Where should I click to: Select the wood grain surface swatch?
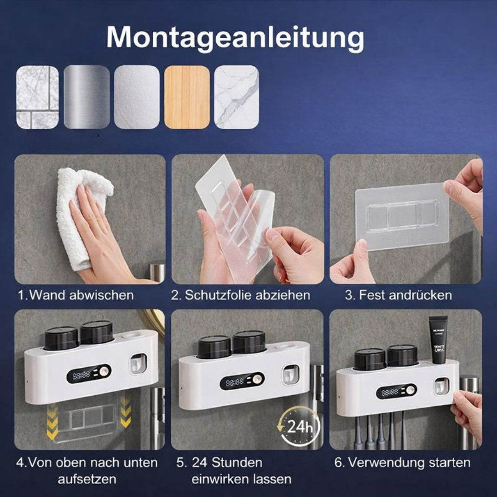(x=187, y=97)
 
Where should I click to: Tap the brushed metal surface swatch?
(x=87, y=97)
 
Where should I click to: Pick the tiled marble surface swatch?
(x=37, y=97)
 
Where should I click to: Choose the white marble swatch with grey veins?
(x=237, y=97)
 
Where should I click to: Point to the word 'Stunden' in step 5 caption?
(x=237, y=463)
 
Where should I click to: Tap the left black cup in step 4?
(x=61, y=339)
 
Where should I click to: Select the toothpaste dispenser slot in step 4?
(x=138, y=364)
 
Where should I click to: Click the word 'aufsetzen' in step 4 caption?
(x=87, y=479)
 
